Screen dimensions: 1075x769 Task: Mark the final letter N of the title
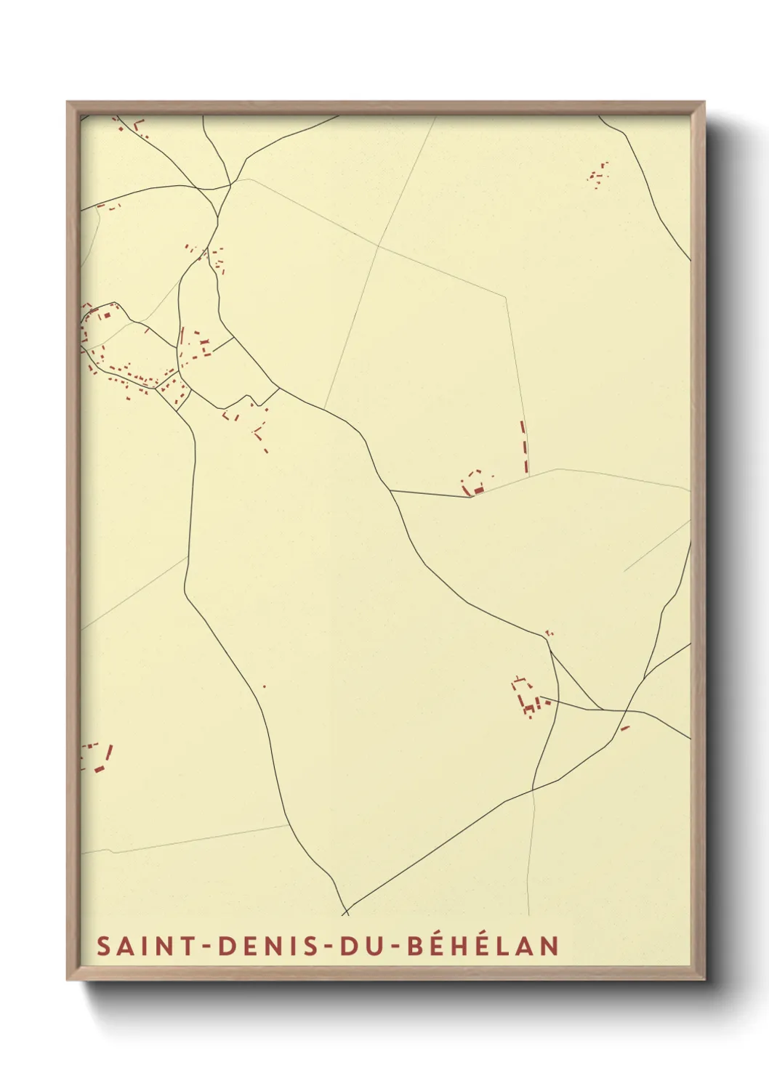[x=549, y=946]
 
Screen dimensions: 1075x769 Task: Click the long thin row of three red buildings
[x=524, y=446]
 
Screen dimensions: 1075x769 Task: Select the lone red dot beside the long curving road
[x=264, y=686]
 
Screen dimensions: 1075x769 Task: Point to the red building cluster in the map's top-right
[x=599, y=174]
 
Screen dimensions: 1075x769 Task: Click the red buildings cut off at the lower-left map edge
[x=97, y=757]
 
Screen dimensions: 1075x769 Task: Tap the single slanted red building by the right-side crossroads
[x=624, y=728]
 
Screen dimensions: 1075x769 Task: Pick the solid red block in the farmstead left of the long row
[x=478, y=492]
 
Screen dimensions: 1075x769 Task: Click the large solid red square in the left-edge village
[x=105, y=316]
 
